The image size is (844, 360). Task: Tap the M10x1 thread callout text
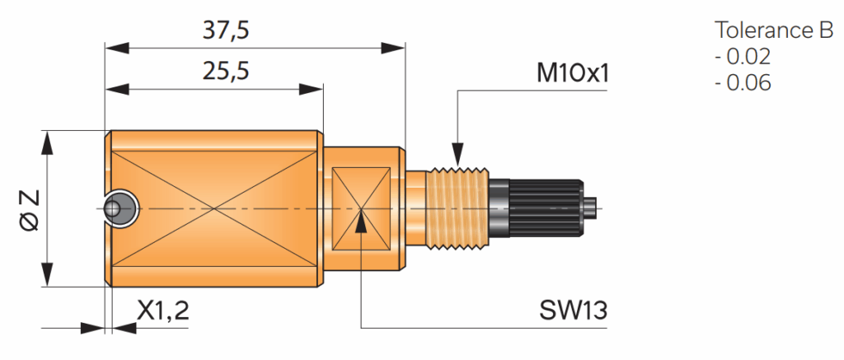pyautogui.click(x=572, y=73)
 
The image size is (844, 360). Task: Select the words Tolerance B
pyautogui.click(x=774, y=31)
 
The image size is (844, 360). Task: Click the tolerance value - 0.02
pyautogui.click(x=742, y=58)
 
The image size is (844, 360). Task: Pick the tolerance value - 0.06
pyautogui.click(x=742, y=83)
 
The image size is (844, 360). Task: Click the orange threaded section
pyautogui.click(x=458, y=208)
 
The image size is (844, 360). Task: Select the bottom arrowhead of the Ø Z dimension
pyautogui.click(x=48, y=275)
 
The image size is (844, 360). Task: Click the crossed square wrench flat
pyautogui.click(x=361, y=208)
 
